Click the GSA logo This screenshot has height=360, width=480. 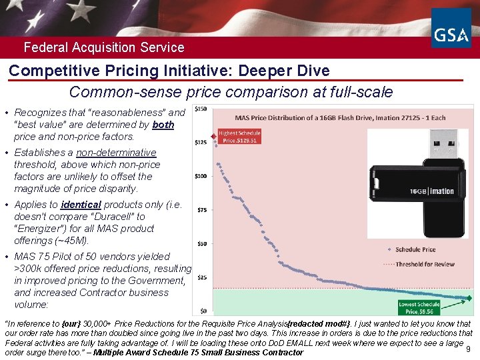point(451,29)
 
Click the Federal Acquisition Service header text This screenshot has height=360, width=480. point(104,47)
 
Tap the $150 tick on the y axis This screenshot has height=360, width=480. point(200,109)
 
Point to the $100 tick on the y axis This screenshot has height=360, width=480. point(200,176)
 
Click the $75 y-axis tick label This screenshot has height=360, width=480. point(201,210)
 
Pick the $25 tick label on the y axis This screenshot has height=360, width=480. point(201,277)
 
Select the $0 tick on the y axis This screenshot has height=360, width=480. point(203,311)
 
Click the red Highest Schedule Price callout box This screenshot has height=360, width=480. point(239,137)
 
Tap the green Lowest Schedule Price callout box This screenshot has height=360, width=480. point(419,307)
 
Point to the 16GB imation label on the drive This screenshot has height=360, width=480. point(431,191)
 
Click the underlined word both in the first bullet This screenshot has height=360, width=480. point(163,125)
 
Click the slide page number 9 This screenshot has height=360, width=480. point(468,349)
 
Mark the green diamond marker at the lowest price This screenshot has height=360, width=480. point(469,298)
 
